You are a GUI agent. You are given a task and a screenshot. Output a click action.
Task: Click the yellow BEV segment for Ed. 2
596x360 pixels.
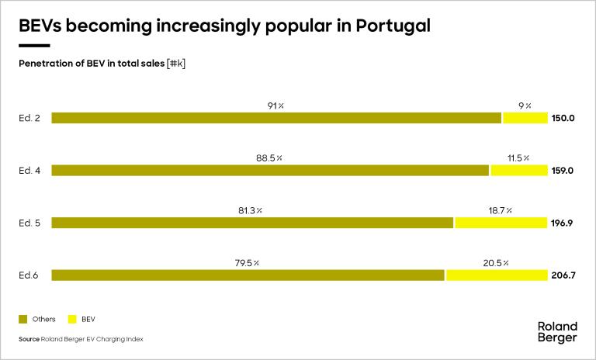525,118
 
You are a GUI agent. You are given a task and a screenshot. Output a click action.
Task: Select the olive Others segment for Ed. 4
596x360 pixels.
270,171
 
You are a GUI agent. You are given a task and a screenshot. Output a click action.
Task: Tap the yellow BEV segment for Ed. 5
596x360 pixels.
501,223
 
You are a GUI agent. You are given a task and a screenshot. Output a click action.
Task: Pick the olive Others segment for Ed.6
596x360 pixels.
248,275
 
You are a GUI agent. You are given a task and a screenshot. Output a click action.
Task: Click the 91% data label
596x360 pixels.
275,106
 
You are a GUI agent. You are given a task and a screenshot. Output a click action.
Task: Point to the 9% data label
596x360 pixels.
524,106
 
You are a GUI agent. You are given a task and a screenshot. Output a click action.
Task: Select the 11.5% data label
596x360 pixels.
518,157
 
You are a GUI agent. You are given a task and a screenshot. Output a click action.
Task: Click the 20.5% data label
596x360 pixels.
496,262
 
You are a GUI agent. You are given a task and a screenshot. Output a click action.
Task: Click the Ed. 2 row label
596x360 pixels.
29,119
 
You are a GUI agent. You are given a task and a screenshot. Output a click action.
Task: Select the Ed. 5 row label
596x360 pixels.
29,223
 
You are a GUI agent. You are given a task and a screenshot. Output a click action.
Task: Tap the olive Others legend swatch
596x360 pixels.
23,319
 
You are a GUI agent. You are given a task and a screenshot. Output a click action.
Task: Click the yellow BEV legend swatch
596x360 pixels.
73,319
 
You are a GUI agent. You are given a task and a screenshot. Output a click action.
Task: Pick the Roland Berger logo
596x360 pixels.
557,331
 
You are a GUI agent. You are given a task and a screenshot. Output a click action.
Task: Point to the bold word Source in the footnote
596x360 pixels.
29,339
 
